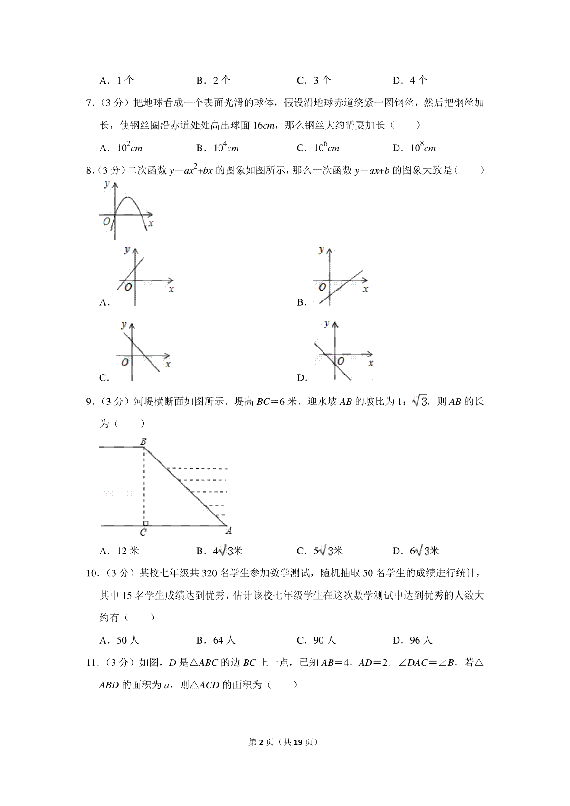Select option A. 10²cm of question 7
(121, 148)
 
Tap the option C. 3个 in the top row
(313, 80)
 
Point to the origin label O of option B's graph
(323, 287)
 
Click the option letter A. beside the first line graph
(104, 302)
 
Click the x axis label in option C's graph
(168, 364)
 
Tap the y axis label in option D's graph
(326, 324)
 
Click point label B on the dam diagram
(143, 441)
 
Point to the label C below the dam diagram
(143, 533)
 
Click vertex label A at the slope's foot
(228, 531)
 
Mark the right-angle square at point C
(145, 523)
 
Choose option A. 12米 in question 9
(119, 551)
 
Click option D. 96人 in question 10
(412, 640)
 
